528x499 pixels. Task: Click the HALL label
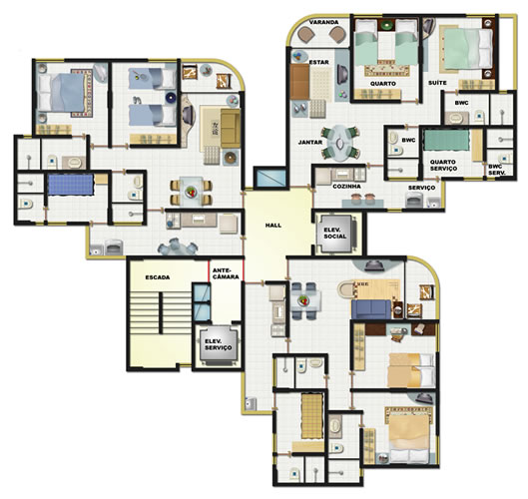click(273, 226)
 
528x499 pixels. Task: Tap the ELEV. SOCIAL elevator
click(335, 234)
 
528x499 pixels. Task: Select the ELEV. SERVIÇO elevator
click(219, 344)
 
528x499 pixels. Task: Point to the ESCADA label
click(158, 277)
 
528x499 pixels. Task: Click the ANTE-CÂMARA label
click(226, 273)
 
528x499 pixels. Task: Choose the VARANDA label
click(323, 22)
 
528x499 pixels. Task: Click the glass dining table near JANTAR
click(340, 143)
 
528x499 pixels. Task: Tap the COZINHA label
click(346, 187)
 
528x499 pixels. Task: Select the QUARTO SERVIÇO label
click(443, 165)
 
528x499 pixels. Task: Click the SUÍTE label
click(437, 83)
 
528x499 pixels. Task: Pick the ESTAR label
click(318, 62)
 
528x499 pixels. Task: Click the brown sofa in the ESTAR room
click(299, 82)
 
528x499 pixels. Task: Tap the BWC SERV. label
click(497, 170)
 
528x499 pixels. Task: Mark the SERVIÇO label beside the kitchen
click(421, 188)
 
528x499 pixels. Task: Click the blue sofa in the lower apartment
click(371, 309)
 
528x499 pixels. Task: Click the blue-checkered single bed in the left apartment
click(71, 185)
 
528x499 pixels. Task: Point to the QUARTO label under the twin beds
click(383, 84)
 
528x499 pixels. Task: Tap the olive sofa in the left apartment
click(231, 128)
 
